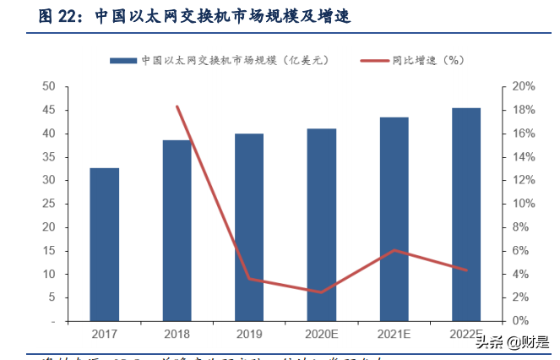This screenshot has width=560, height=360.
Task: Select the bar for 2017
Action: [x=105, y=244]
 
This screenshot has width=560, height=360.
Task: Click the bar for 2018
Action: [x=177, y=230]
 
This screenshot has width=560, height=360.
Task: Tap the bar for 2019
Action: [x=248, y=227]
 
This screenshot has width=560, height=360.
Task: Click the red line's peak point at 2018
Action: [x=177, y=106]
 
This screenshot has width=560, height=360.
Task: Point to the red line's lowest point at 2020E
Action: [x=321, y=292]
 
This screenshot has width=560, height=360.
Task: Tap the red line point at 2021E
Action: [x=394, y=250]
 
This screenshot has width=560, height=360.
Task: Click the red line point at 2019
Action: [x=248, y=279]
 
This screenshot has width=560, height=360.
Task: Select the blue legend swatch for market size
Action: [x=122, y=61]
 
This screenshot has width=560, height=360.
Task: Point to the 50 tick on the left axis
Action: [x=49, y=87]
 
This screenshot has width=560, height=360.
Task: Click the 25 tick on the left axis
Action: [x=49, y=204]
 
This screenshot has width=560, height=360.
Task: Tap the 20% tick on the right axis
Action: [x=524, y=87]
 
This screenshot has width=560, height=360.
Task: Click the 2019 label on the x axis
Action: [x=248, y=335]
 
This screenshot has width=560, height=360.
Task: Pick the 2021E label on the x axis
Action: [x=394, y=335]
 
